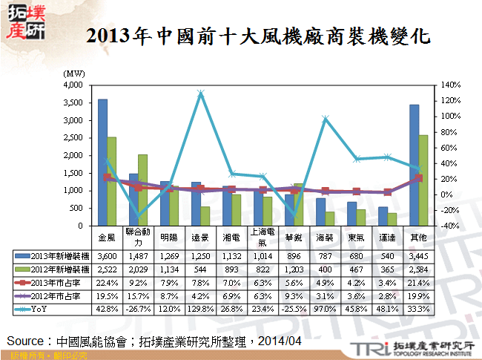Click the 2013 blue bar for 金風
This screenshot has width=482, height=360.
102,163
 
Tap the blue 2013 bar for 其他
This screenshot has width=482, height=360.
414,166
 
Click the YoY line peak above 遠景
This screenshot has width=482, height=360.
201,94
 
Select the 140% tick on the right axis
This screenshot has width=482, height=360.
450,85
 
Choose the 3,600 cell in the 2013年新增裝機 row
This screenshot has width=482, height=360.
108,255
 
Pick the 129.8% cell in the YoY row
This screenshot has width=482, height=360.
200,308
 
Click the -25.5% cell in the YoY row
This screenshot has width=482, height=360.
294,308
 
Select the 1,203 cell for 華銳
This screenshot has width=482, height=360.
294,268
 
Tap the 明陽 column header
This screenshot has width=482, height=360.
169,238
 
